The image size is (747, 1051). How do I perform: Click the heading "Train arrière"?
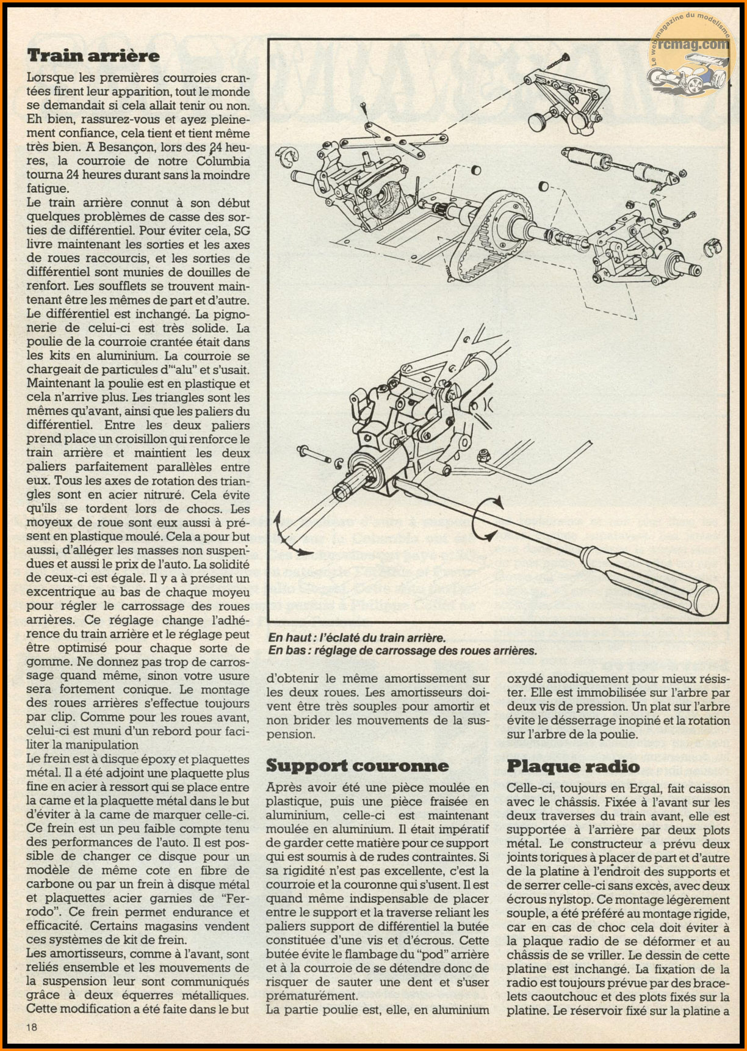(93, 56)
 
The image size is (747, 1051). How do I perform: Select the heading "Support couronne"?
(357, 766)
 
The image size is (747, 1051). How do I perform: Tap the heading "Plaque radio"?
(573, 766)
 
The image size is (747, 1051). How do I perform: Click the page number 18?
(32, 1027)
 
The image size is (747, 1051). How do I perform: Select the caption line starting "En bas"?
(403, 650)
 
